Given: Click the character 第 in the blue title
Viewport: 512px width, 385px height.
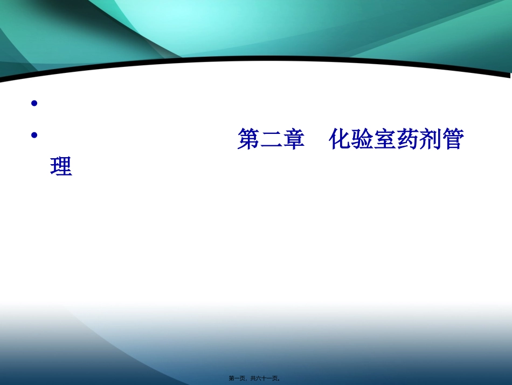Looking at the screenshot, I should (248, 140).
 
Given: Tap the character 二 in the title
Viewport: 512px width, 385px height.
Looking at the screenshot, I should (271, 140).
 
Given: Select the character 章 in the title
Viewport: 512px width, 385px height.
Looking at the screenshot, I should (294, 140).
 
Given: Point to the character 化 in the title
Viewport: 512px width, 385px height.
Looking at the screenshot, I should (340, 140).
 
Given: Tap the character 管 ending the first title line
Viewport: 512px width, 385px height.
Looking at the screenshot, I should (452, 140).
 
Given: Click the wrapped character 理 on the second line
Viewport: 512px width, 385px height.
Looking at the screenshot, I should (61, 167).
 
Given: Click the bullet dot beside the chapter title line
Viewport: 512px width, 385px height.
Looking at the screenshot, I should (34, 136).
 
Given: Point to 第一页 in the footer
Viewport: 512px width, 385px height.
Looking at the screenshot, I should (237, 379).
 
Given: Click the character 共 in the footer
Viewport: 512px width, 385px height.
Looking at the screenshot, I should (253, 379).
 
